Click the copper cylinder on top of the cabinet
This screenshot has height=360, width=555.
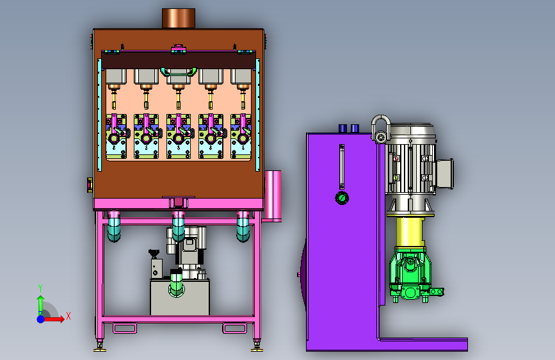pos(179,18)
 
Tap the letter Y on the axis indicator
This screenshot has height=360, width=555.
pos(40,288)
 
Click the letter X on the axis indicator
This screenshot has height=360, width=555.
pos(68,316)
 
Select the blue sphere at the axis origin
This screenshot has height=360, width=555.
pos(41,319)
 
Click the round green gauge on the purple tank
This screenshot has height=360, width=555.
pos(342,198)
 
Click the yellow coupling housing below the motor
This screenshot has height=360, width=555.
pos(410,232)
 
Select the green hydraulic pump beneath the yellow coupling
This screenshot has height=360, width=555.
pos(412,275)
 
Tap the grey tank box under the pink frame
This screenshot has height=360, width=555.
pos(180,297)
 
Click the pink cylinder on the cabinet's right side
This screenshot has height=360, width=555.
pos(273,196)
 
